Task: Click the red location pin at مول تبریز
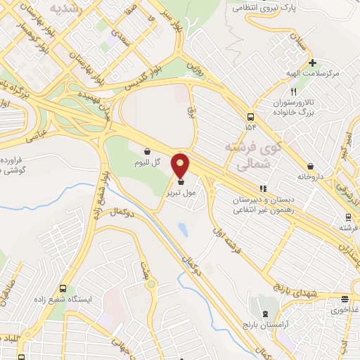click(181, 165)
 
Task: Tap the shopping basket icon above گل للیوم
click(147, 150)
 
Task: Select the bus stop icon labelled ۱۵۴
click(252, 117)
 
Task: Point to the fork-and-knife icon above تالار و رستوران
click(294, 92)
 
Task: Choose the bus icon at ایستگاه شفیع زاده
click(64, 289)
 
